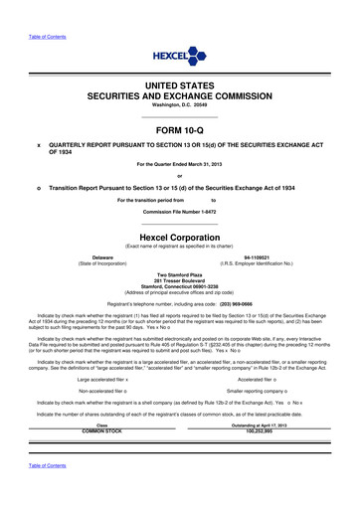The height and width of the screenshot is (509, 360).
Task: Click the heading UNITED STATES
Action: pos(179,88)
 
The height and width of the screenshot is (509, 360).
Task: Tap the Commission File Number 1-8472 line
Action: pos(179,214)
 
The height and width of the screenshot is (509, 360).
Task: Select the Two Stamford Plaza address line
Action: pos(179,272)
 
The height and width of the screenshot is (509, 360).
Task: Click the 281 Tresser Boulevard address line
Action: pos(179,278)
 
